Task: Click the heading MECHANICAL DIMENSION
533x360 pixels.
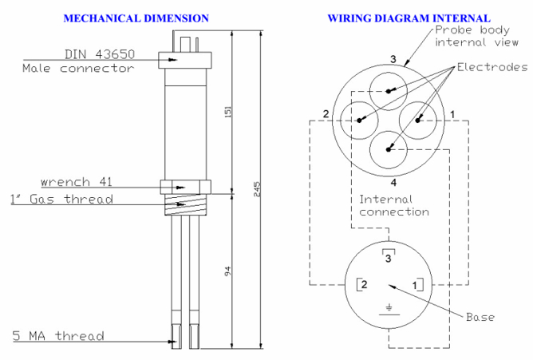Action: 136,18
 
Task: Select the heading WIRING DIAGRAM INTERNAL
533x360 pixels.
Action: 409,18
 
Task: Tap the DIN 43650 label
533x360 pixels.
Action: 100,55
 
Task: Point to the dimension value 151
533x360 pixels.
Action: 227,114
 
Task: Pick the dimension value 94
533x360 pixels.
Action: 227,271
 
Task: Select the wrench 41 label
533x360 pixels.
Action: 78,181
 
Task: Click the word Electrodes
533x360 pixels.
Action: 491,66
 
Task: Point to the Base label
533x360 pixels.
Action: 480,317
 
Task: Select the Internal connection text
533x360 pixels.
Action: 394,205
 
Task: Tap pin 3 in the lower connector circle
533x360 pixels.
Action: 389,257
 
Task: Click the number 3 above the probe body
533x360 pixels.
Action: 393,59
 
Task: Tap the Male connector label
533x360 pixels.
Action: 78,69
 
